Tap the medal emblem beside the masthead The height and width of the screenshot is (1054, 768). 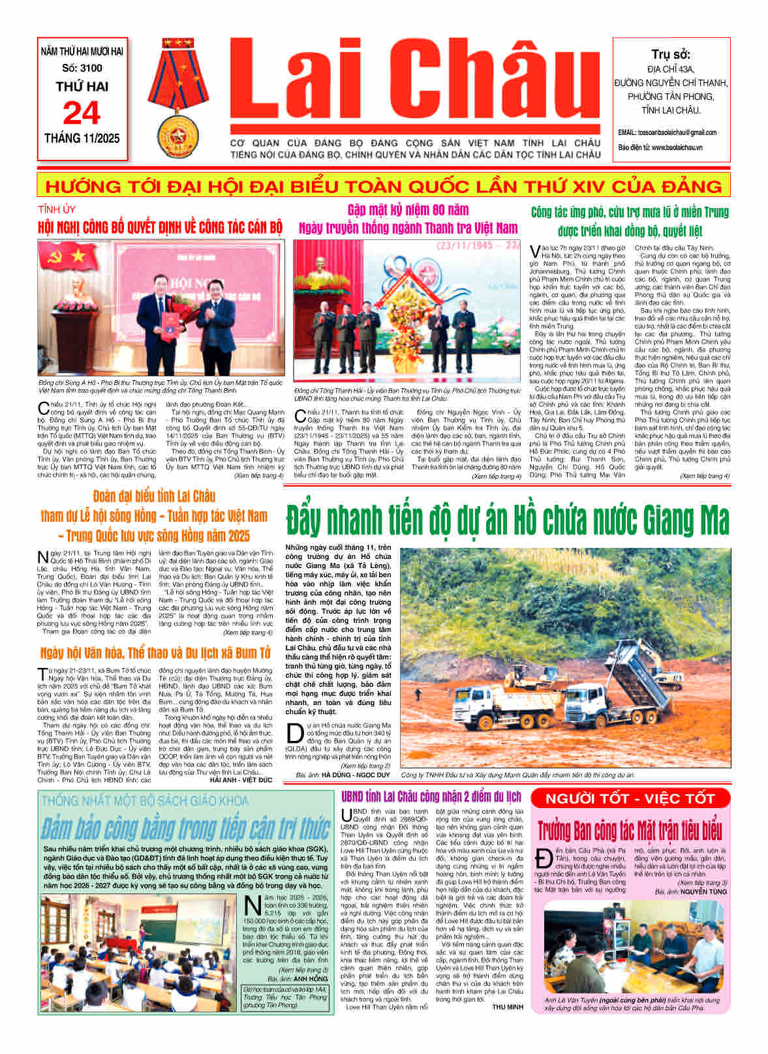[178, 98]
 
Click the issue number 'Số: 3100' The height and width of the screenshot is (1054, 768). [82, 68]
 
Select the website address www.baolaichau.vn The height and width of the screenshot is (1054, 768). [677, 147]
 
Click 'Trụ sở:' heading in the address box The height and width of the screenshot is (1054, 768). [670, 54]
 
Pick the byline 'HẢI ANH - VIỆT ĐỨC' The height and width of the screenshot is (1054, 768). [241, 779]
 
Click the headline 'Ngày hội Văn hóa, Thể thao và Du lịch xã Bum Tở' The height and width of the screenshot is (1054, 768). [155, 653]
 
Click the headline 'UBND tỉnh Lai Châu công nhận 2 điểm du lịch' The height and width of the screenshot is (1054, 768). [431, 796]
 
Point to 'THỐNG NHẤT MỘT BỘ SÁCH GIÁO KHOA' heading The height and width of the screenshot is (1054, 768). [144, 800]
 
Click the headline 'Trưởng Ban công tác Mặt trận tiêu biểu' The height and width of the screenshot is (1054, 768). [630, 831]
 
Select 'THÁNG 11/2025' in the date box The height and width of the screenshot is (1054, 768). [82, 138]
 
